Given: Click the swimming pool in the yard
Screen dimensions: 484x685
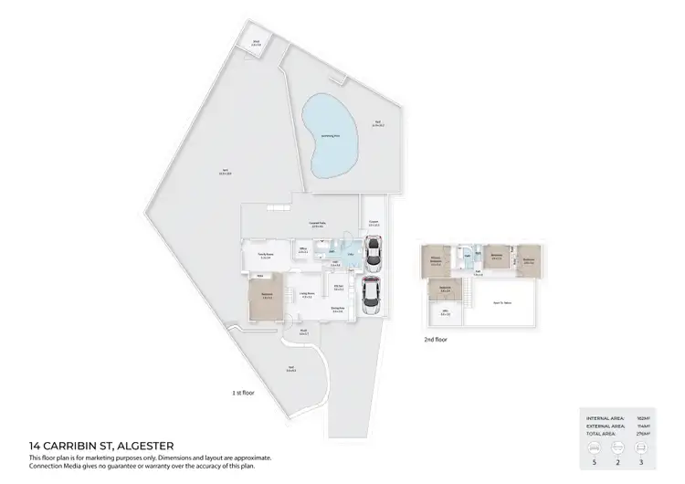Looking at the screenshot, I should pyautogui.click(x=326, y=136).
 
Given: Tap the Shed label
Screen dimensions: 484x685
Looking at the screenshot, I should pyautogui.click(x=257, y=43).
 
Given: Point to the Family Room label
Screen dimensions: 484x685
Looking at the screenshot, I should pyautogui.click(x=266, y=254).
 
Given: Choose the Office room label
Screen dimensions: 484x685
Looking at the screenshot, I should pyautogui.click(x=304, y=249).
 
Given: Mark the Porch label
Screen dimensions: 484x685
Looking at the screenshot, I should pyautogui.click(x=302, y=331).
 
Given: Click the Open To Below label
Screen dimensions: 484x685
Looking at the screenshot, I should pyautogui.click(x=501, y=302).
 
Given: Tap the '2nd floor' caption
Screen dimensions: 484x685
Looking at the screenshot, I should pyautogui.click(x=435, y=339).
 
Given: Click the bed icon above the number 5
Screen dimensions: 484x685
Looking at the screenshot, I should pyautogui.click(x=595, y=447).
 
